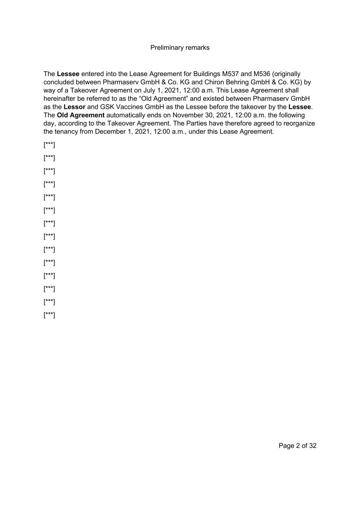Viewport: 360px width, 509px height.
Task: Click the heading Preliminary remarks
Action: point(180,48)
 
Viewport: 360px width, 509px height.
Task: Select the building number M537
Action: point(230,74)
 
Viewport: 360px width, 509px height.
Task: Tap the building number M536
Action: point(262,74)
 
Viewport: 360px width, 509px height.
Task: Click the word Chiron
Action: point(214,82)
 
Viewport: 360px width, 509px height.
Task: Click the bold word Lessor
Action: point(74,107)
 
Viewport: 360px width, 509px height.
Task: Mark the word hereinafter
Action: point(61,99)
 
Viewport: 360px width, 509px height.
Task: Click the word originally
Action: point(287,74)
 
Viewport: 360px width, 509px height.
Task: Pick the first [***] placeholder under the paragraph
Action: point(49,145)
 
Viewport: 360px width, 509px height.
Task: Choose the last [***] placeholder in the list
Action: point(49,315)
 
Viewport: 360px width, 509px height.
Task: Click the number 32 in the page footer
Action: point(313,446)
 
